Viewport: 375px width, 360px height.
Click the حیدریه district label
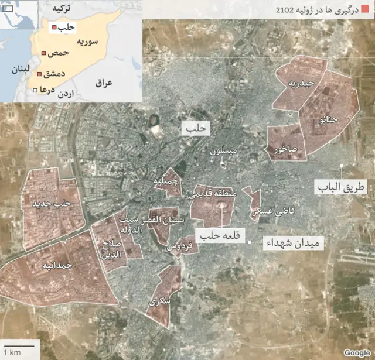301,84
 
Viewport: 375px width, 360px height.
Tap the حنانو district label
329,120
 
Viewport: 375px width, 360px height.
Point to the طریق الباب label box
341,187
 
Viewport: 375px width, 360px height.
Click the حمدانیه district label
57,265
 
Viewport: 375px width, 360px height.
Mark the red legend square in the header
366,10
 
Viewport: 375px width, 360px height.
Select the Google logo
357,352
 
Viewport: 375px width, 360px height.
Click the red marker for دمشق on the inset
39,74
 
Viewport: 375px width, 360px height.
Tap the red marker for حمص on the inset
43,54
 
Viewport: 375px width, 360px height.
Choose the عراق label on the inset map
103,83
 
